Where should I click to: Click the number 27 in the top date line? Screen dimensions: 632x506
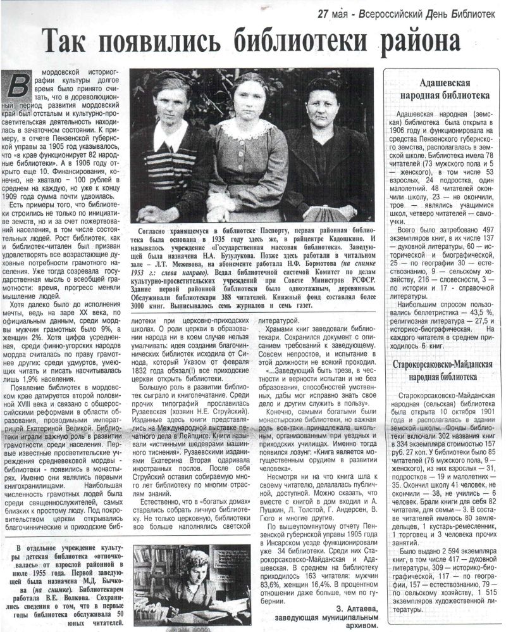pos(324,13)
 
